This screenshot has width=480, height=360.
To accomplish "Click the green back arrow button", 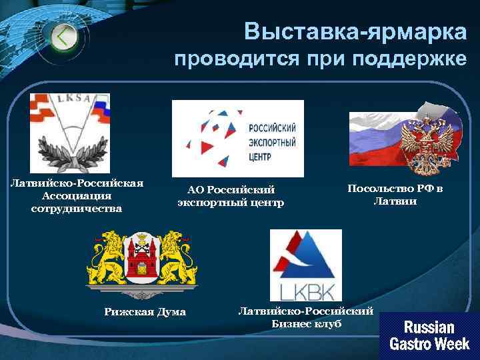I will pyautogui.click(x=63, y=37).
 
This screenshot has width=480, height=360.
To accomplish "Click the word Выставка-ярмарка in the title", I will pyautogui.click(x=355, y=31).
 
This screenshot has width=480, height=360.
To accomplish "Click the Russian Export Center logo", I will pyautogui.click(x=237, y=138).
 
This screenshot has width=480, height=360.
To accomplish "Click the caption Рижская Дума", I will pyautogui.click(x=145, y=312).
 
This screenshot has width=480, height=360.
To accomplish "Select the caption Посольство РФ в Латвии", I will pyautogui.click(x=395, y=195).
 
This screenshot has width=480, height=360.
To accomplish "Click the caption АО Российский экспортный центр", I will pyautogui.click(x=231, y=196).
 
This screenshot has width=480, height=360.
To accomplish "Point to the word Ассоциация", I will pyautogui.click(x=76, y=196).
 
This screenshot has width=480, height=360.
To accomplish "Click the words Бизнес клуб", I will pyautogui.click(x=306, y=323).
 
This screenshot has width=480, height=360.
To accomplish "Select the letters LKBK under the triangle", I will pyautogui.click(x=305, y=291).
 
